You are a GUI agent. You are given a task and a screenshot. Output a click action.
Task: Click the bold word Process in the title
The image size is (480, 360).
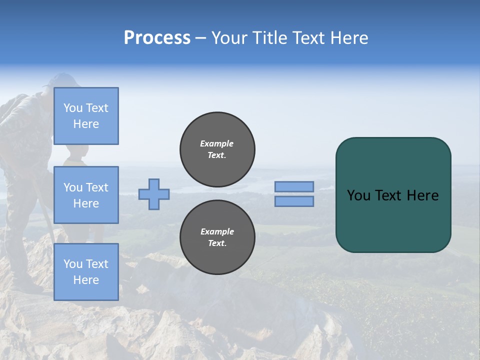tap(157, 38)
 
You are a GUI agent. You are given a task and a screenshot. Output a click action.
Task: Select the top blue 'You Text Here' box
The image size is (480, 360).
tap(86, 116)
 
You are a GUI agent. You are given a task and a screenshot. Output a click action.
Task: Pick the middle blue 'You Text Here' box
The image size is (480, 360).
tap(86, 195)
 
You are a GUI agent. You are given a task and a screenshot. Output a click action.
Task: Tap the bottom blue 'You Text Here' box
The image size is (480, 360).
tap(86, 272)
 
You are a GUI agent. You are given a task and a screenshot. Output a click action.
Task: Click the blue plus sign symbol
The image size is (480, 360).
tap(154, 194)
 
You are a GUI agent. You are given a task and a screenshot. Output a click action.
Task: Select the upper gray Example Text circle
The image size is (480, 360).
tap(217, 149)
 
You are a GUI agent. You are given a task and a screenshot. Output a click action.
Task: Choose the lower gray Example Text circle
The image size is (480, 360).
tap(217, 237)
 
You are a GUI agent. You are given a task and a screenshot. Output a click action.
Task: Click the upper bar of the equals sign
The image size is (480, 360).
tap(294, 186)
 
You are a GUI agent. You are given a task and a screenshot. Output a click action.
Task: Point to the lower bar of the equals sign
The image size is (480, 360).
tap(294, 201)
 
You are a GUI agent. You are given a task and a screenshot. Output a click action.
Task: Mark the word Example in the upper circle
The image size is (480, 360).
tap(217, 143)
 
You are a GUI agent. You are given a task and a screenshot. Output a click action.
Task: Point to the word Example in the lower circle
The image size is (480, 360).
tap(217, 231)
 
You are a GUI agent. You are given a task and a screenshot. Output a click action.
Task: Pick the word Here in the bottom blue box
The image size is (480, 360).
tap(86, 280)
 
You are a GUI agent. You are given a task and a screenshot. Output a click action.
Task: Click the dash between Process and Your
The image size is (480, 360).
tap(200, 38)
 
